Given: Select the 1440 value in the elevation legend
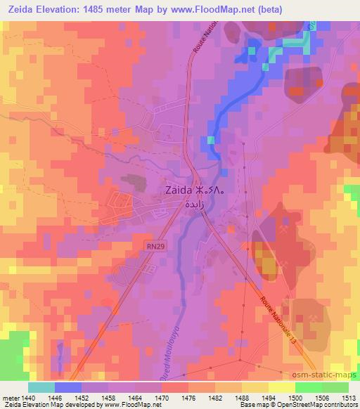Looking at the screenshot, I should [28, 397].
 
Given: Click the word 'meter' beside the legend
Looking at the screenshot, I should [11, 397].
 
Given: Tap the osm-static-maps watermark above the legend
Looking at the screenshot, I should [324, 374].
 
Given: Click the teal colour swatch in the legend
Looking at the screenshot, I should [41, 387].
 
